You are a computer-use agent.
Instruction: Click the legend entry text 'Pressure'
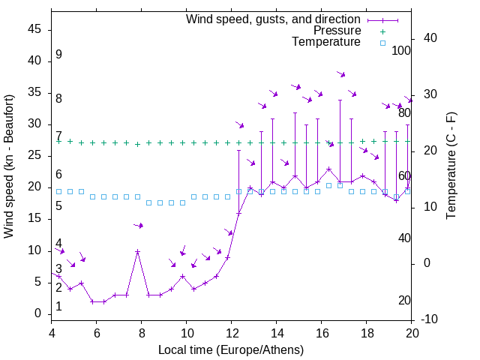click(337, 31)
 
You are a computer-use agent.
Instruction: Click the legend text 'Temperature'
click(326, 42)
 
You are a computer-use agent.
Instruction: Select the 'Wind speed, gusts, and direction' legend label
click(273, 19)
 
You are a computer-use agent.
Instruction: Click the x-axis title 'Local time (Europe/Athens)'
click(231, 350)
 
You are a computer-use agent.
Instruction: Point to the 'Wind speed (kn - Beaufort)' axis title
click(9, 166)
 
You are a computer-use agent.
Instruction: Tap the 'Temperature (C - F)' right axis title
click(451, 166)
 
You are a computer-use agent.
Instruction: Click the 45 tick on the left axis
click(36, 29)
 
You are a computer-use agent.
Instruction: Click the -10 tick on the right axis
click(430, 319)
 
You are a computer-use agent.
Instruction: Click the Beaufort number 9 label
click(58, 55)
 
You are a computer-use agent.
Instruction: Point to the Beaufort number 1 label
click(58, 307)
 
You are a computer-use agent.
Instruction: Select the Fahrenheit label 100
click(401, 50)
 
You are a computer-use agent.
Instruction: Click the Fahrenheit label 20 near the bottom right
click(404, 300)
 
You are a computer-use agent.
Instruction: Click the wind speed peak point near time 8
click(137, 252)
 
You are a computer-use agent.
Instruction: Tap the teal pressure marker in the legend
click(382, 31)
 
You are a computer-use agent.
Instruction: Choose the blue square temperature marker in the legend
click(382, 43)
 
